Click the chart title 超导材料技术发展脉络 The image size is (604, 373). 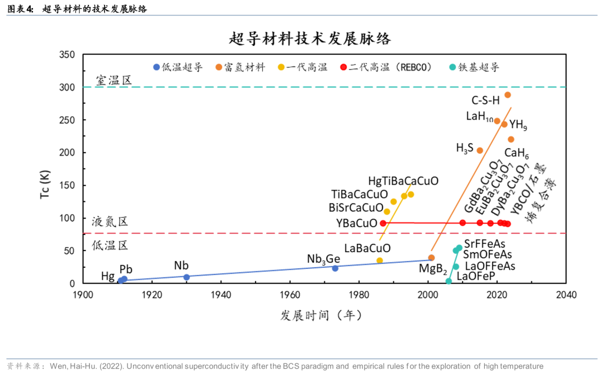point(310,39)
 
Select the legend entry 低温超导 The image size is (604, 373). point(178,67)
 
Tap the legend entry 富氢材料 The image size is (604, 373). point(240,67)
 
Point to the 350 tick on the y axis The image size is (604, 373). point(67,54)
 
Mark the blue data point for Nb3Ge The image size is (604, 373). point(335,268)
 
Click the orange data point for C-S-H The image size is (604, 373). point(508,95)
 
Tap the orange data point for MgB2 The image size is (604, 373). point(431,258)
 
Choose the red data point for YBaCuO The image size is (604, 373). point(383,223)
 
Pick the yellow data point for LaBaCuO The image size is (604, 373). point(380,261)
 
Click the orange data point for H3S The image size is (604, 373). point(480,150)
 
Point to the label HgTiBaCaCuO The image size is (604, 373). point(403,181)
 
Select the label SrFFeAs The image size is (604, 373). point(484,244)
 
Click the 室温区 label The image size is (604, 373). point(113,80)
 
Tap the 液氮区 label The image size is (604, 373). point(110,221)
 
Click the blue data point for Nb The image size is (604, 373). point(187,277)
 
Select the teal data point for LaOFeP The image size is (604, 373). point(449,281)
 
